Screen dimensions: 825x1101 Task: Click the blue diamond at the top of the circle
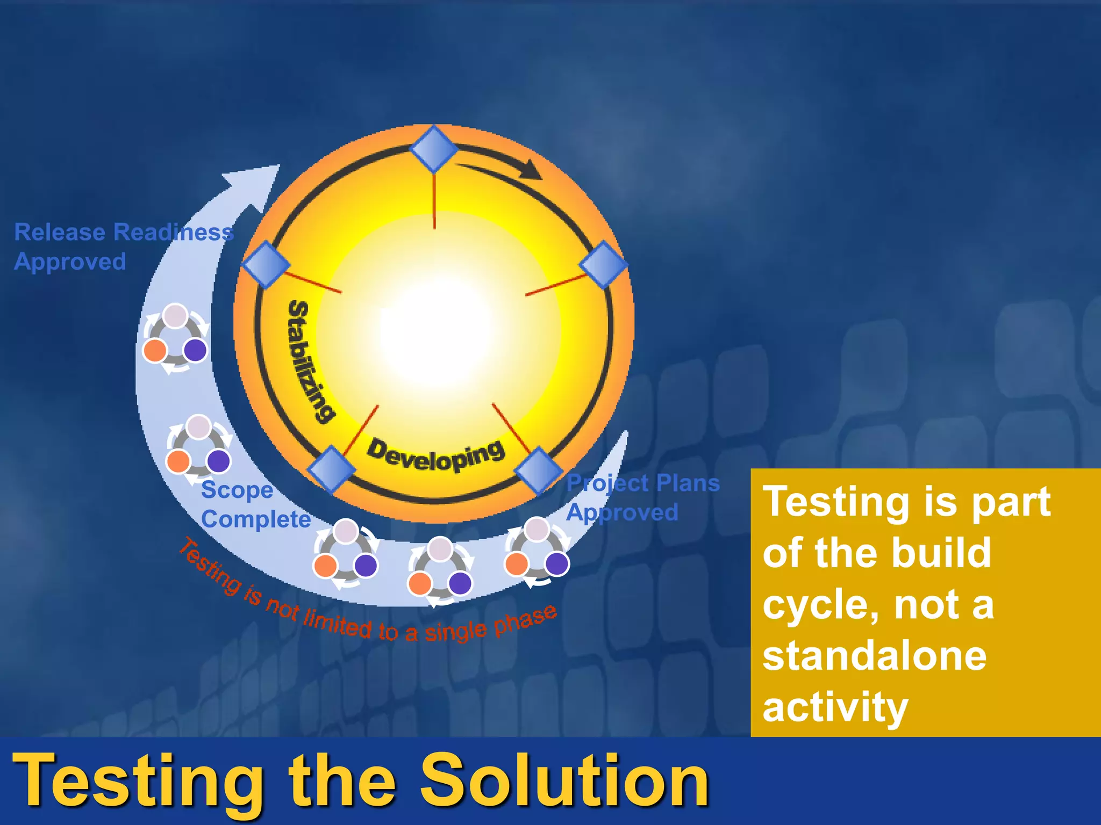pyautogui.click(x=434, y=149)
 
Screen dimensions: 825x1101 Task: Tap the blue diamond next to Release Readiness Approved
pyautogui.click(x=266, y=264)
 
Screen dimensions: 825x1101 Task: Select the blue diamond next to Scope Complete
pyautogui.click(x=331, y=469)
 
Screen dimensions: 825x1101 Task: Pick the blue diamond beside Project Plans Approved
pyautogui.click(x=538, y=471)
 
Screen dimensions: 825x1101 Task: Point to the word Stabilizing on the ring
pyautogui.click(x=311, y=361)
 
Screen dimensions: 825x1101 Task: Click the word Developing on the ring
pyautogui.click(x=436, y=455)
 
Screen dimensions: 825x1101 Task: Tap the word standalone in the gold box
pyautogui.click(x=874, y=656)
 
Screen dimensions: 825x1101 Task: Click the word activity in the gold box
pyautogui.click(x=835, y=708)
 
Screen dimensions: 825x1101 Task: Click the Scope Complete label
pyautogui.click(x=256, y=504)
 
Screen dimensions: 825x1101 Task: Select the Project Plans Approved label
pyautogui.click(x=642, y=497)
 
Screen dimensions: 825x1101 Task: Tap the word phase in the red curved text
pyautogui.click(x=525, y=620)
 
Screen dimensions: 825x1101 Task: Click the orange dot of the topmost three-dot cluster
pyautogui.click(x=155, y=351)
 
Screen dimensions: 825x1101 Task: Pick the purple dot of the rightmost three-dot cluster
pyautogui.click(x=556, y=564)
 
